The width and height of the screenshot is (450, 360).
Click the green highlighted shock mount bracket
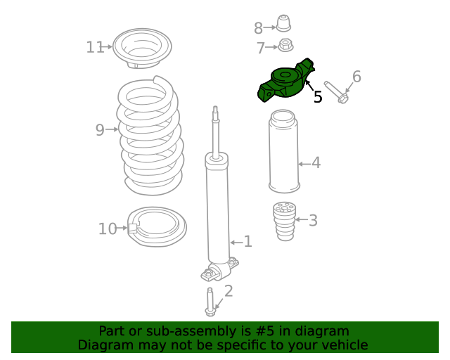pyautogui.click(x=285, y=83)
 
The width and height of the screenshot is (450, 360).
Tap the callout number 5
pyautogui.click(x=318, y=97)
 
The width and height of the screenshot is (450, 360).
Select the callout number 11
pyautogui.click(x=95, y=47)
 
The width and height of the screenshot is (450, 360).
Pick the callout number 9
pyautogui.click(x=100, y=129)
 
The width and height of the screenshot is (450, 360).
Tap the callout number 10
pyautogui.click(x=108, y=229)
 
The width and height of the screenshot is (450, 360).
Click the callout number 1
pyautogui.click(x=247, y=242)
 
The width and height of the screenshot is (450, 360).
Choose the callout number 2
pyautogui.click(x=228, y=291)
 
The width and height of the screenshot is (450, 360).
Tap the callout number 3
pyautogui.click(x=313, y=221)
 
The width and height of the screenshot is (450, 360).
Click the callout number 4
pyautogui.click(x=316, y=163)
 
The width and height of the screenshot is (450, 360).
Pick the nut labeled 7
pyautogui.click(x=285, y=46)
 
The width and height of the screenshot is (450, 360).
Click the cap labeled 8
pyautogui.click(x=283, y=24)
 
